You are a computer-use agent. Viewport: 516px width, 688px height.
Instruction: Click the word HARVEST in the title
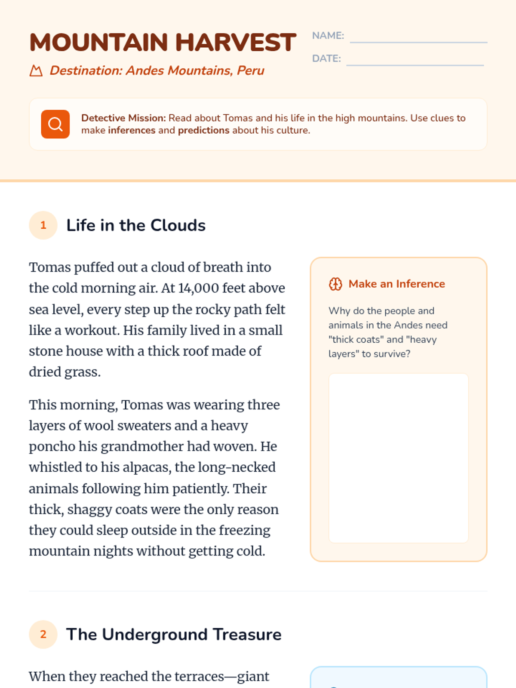(x=236, y=43)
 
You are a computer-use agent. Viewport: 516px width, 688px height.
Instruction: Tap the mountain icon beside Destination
(x=36, y=71)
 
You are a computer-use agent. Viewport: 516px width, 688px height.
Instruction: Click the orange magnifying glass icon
(x=55, y=124)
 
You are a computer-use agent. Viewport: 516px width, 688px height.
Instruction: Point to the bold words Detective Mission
(x=123, y=118)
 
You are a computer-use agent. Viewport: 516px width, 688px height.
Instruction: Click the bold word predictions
(x=203, y=130)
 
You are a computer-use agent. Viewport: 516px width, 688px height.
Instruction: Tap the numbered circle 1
(x=43, y=225)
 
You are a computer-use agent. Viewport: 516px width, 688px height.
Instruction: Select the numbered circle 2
(x=43, y=634)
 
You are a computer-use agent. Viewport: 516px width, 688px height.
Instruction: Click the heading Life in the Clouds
(x=136, y=225)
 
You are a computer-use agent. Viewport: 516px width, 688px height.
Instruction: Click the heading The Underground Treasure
(x=174, y=634)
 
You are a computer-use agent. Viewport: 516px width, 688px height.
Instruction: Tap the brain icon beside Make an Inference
(x=335, y=284)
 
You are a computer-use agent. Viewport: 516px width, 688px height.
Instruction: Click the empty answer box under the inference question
(x=399, y=458)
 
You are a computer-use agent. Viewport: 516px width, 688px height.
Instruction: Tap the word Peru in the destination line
(x=251, y=71)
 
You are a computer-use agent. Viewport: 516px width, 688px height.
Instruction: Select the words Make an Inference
(x=396, y=284)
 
